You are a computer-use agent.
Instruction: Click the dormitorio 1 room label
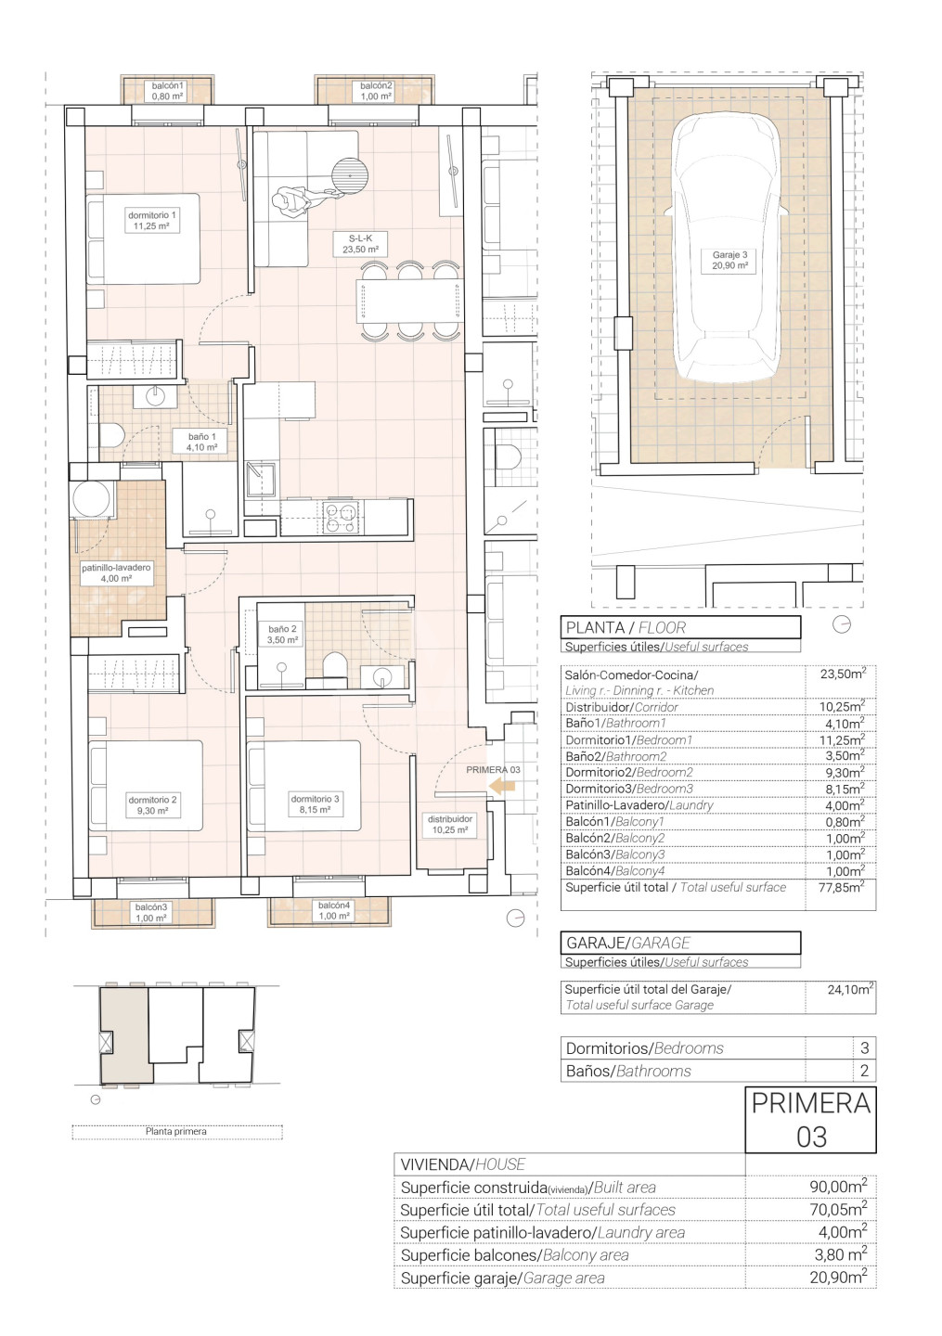click(152, 221)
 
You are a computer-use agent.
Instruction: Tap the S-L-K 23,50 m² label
click(360, 244)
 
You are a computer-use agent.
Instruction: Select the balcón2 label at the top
click(376, 91)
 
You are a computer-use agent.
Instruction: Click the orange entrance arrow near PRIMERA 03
click(502, 787)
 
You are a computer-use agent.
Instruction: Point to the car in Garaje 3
click(727, 249)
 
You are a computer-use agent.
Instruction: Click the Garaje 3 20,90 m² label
click(729, 260)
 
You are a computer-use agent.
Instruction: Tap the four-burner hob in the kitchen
click(341, 518)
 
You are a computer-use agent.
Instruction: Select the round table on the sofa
click(350, 176)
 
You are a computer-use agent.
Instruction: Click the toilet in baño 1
click(111, 435)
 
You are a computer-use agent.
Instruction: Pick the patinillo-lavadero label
click(116, 572)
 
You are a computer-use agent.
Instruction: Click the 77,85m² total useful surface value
click(841, 887)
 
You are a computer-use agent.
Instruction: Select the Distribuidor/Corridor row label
click(622, 707)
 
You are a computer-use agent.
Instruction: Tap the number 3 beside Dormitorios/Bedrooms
click(864, 1047)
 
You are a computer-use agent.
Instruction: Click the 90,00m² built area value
click(838, 1186)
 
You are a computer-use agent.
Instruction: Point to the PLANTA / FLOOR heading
click(626, 627)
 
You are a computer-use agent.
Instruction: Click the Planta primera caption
click(176, 1131)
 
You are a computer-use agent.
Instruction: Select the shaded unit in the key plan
click(126, 1034)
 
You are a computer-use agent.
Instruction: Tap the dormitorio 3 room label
click(315, 804)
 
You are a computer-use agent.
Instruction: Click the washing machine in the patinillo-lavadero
click(91, 498)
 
